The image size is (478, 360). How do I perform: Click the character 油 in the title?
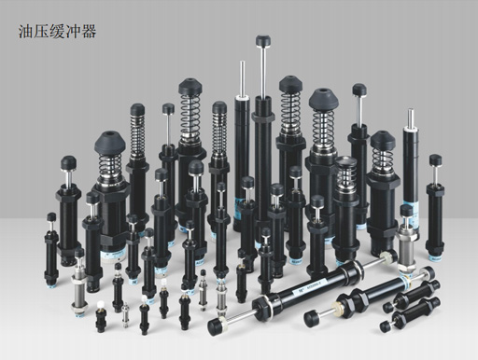pyautogui.click(x=26, y=32)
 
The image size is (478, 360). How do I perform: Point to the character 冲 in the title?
pyautogui.click(x=73, y=32)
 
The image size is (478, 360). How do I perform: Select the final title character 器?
pyautogui.click(x=89, y=32)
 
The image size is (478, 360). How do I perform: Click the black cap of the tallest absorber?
pyautogui.click(x=263, y=41)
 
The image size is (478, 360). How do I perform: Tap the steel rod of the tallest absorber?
pyautogui.click(x=263, y=72)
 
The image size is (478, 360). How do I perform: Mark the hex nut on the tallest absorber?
pyautogui.click(x=263, y=117)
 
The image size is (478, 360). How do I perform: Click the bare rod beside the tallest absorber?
pyautogui.click(x=242, y=77)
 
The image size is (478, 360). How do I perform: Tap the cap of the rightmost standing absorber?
pyautogui.click(x=435, y=160)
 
